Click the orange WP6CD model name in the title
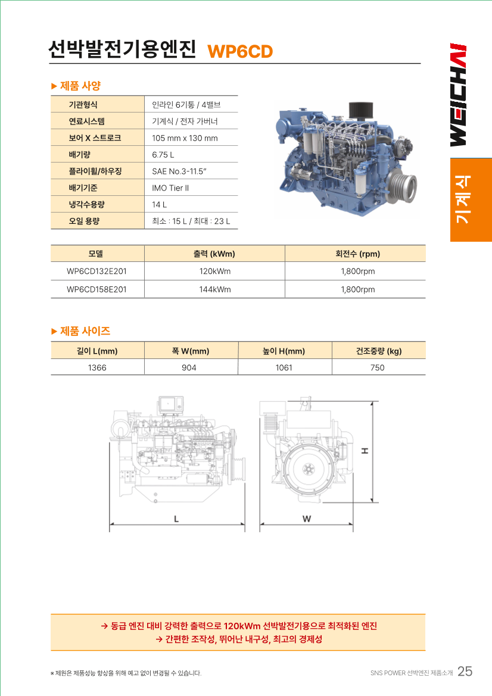(240, 51)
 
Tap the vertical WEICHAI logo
(458, 95)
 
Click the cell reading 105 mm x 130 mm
(185, 138)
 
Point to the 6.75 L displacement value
(163, 155)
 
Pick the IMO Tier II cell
(170, 188)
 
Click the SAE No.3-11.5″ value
(179, 171)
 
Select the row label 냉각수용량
(86, 205)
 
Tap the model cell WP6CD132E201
(97, 271)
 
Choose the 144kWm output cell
(215, 289)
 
